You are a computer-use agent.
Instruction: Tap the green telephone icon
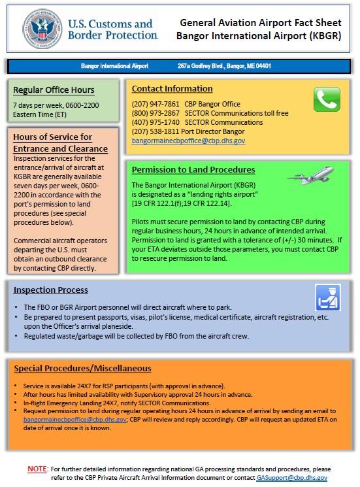[x=327, y=100]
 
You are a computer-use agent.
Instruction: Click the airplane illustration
[x=311, y=175]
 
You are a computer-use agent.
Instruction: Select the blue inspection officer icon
[x=328, y=297]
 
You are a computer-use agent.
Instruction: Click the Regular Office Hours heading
[x=54, y=90]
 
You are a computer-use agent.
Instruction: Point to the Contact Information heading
[x=172, y=88]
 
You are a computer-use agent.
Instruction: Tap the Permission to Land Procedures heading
[x=193, y=170]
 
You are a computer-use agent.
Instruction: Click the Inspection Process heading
[x=51, y=290]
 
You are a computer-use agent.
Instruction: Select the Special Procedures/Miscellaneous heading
[x=82, y=369]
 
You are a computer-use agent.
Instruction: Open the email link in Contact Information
[x=188, y=141]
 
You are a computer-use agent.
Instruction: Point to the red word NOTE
[x=37, y=469]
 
